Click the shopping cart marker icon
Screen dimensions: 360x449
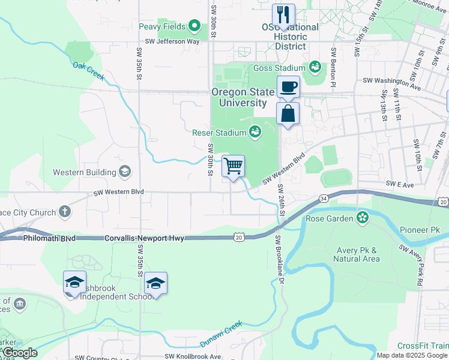point(233,166)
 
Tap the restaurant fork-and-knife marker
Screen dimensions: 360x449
point(283,15)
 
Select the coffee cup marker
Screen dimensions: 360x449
point(288,87)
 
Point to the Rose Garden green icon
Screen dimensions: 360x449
point(363,217)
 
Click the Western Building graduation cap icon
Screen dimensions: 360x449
point(125,172)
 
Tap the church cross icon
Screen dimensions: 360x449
point(64,212)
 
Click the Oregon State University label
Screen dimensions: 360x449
point(239,97)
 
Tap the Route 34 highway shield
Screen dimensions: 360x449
point(324,198)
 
